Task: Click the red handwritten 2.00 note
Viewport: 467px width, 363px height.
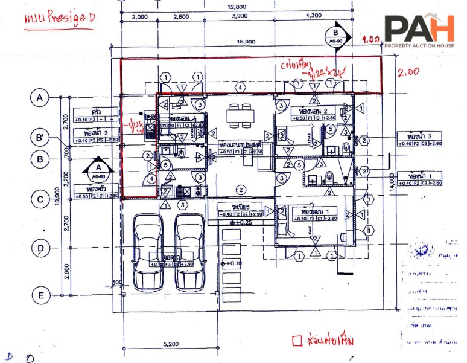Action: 408,72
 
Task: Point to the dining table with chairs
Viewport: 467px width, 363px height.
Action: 240,114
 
